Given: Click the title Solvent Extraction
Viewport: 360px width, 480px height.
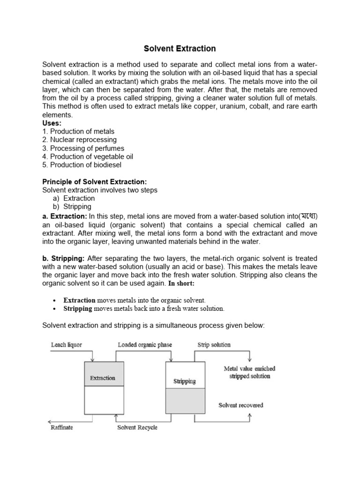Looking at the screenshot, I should [x=180, y=48].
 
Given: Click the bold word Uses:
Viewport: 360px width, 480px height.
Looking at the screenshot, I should [x=52, y=123].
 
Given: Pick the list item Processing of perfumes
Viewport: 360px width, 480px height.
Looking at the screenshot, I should [x=83, y=148].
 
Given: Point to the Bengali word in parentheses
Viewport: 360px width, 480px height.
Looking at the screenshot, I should [x=310, y=216].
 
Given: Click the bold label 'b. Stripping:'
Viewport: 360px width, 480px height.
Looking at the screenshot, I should [x=63, y=258].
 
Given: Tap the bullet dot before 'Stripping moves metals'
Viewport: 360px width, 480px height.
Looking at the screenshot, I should [x=55, y=309].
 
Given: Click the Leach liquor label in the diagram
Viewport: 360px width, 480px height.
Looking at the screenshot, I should [x=66, y=345].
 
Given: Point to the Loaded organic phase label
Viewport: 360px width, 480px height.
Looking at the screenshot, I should [x=145, y=345].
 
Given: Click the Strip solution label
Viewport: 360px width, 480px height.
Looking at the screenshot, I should [x=214, y=345].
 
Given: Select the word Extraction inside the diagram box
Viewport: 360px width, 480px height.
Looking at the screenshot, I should [x=103, y=378].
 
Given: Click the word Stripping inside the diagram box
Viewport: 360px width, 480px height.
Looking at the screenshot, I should [x=184, y=381].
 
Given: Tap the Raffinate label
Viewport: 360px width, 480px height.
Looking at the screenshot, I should [x=62, y=427].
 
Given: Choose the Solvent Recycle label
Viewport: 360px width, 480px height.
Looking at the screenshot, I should [x=137, y=427].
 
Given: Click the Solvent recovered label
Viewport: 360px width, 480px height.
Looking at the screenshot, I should [x=241, y=405].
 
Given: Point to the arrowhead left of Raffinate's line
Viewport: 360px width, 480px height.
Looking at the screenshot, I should [x=47, y=420].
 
